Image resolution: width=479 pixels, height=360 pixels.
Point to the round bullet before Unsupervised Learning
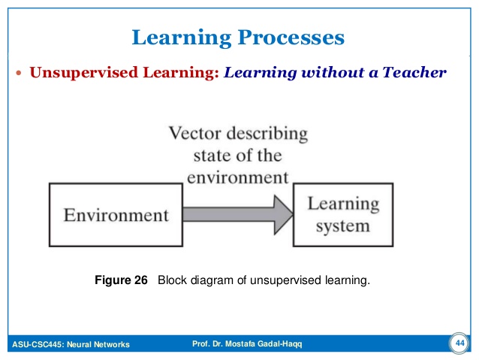(x=20, y=74)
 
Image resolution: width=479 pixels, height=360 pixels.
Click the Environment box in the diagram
(x=116, y=215)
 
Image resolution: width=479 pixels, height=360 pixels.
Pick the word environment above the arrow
(x=237, y=178)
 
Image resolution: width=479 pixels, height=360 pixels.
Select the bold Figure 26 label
(x=121, y=281)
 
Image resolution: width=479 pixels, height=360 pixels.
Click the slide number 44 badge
(x=459, y=343)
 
